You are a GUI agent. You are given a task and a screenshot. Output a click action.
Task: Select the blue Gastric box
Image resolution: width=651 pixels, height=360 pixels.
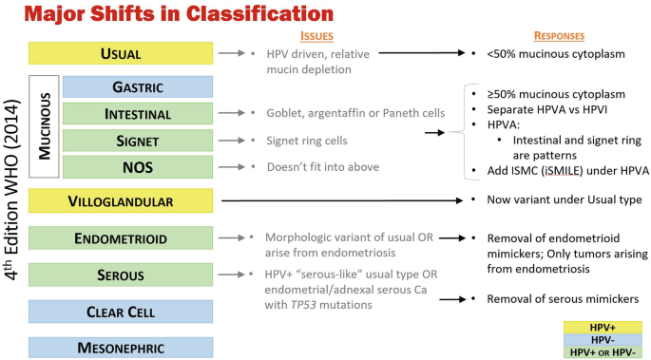(138, 87)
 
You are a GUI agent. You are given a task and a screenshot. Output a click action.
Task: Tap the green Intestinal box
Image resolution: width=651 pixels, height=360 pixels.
(138, 114)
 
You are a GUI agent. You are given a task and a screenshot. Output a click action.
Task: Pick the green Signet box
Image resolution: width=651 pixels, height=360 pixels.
(138, 141)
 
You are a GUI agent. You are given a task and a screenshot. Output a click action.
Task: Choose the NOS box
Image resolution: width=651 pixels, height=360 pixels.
(138, 167)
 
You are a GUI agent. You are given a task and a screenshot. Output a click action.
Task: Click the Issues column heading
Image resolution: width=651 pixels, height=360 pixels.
(316, 35)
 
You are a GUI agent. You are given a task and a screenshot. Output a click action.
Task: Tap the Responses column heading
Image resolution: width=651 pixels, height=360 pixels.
(559, 35)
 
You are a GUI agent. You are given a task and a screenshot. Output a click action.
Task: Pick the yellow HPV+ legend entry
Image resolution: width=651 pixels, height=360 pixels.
(602, 327)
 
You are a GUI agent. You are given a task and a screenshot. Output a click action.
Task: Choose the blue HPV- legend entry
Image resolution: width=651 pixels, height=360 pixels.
(602, 339)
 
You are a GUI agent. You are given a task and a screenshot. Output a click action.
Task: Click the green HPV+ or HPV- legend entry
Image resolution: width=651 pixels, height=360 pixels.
(602, 351)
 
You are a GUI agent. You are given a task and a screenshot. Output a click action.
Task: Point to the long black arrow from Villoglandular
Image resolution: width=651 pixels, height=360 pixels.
(342, 200)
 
